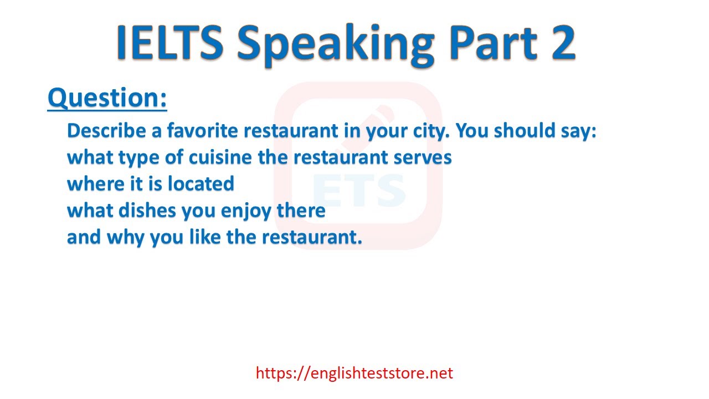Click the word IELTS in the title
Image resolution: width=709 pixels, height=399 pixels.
170,43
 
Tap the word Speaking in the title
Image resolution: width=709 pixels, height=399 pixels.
336,45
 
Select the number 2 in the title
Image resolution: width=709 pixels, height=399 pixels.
559,43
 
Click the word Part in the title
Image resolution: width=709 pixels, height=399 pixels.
493,43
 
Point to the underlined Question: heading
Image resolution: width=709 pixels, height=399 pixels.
107,98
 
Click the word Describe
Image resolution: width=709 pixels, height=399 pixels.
106,130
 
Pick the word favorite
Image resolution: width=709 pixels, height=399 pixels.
203,130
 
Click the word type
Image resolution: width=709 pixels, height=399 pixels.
138,158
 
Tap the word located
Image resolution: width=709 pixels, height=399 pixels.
201,183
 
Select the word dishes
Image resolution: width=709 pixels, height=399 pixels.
147,211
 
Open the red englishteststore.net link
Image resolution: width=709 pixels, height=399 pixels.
354,373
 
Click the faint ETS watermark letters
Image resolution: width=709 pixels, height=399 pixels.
359,190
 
